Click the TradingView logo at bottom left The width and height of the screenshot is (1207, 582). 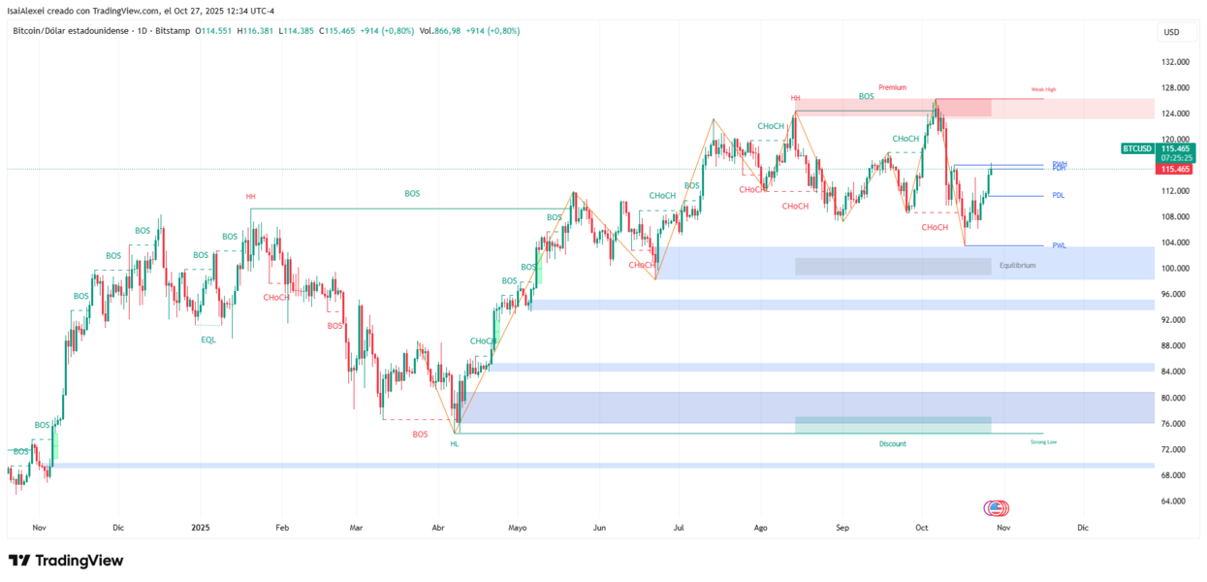66,561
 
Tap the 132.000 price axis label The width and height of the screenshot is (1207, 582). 1176,62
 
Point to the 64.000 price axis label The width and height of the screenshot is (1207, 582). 1176,501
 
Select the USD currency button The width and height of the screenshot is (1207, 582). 1171,32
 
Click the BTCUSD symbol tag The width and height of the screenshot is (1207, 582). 1138,148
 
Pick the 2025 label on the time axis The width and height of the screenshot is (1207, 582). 201,528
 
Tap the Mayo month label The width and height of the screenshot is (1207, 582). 517,528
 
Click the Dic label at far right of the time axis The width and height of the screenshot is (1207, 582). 1083,528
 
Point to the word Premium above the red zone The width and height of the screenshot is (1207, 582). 893,87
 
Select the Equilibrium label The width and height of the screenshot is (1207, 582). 1018,265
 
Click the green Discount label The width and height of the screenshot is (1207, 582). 893,443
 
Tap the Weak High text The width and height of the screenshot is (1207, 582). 1043,89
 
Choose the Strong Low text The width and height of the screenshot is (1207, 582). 1043,441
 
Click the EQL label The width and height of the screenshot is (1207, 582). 208,339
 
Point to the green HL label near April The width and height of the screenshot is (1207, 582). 455,443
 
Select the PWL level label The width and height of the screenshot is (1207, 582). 1059,245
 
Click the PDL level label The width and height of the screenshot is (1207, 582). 1059,195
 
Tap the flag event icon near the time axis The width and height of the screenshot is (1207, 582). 997,507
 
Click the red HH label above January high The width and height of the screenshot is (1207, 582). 251,197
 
